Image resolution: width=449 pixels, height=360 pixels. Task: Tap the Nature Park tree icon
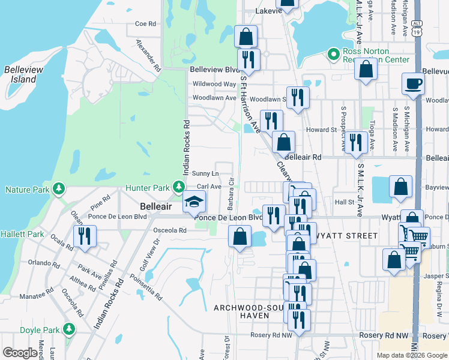coord(58,190)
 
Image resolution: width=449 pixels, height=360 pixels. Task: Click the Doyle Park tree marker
coord(69,329)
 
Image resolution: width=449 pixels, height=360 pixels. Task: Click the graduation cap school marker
coord(194,202)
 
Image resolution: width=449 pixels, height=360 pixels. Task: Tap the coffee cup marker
coord(412,83)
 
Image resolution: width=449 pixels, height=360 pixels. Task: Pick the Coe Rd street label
coord(145,23)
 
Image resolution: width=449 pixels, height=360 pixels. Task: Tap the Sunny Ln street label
coord(205,173)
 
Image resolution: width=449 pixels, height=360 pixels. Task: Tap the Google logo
coord(20,353)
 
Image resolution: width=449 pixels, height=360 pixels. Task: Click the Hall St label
coord(345,202)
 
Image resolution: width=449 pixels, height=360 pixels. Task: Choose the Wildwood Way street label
coord(214,84)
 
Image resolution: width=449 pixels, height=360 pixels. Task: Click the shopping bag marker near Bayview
coord(400,187)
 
